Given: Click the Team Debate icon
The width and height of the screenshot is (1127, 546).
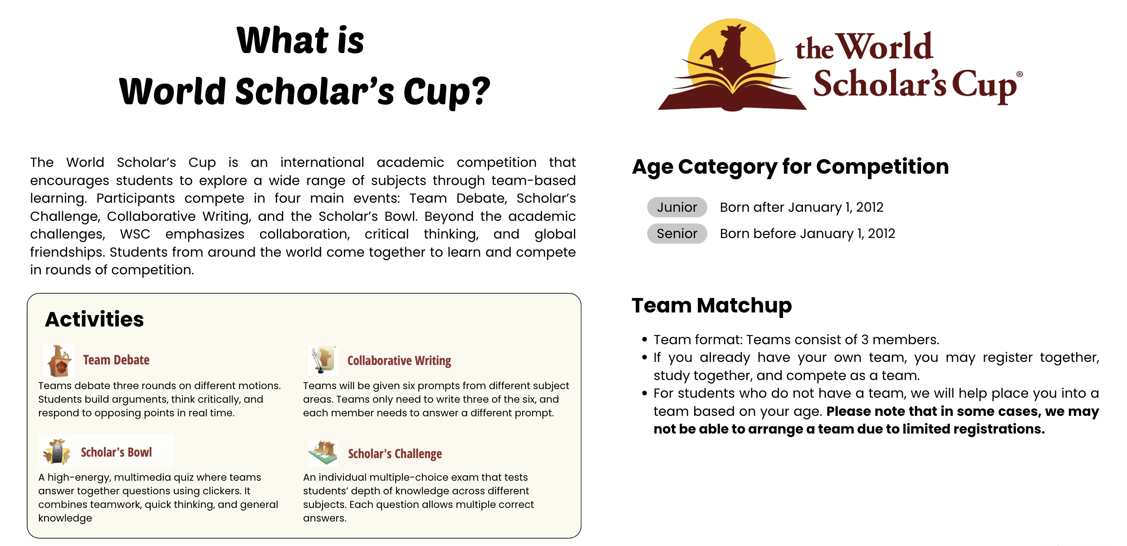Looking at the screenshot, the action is tap(59, 361).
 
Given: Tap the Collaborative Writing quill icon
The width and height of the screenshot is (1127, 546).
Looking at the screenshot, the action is tap(323, 360).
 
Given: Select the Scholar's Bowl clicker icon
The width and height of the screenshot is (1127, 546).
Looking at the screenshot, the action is tap(57, 452).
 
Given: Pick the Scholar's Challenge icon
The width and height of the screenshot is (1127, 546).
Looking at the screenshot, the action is tap(323, 453).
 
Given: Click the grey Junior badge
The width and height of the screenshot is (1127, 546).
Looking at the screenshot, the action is tap(677, 207).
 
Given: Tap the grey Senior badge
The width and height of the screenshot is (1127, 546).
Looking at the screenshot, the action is tap(677, 234).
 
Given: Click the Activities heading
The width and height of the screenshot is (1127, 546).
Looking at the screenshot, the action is tap(94, 319).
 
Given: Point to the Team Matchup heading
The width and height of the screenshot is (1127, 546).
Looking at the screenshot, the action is tap(711, 306).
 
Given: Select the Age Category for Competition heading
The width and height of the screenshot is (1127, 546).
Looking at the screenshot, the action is tap(790, 167).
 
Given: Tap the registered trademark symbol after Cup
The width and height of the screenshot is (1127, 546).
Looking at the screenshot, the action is tap(1019, 74).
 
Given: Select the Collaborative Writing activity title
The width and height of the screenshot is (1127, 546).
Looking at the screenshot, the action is tap(399, 361).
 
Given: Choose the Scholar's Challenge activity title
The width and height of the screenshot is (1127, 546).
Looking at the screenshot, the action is tap(395, 453).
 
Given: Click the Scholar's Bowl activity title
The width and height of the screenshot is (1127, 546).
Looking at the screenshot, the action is tap(116, 452).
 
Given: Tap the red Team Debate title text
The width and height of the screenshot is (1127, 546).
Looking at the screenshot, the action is tap(116, 360).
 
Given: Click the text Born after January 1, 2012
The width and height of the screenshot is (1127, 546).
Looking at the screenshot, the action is tap(802, 207).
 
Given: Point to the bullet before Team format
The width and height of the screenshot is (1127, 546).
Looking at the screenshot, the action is tap(644, 340).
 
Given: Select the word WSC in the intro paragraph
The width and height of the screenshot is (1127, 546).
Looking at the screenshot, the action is tap(135, 234).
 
